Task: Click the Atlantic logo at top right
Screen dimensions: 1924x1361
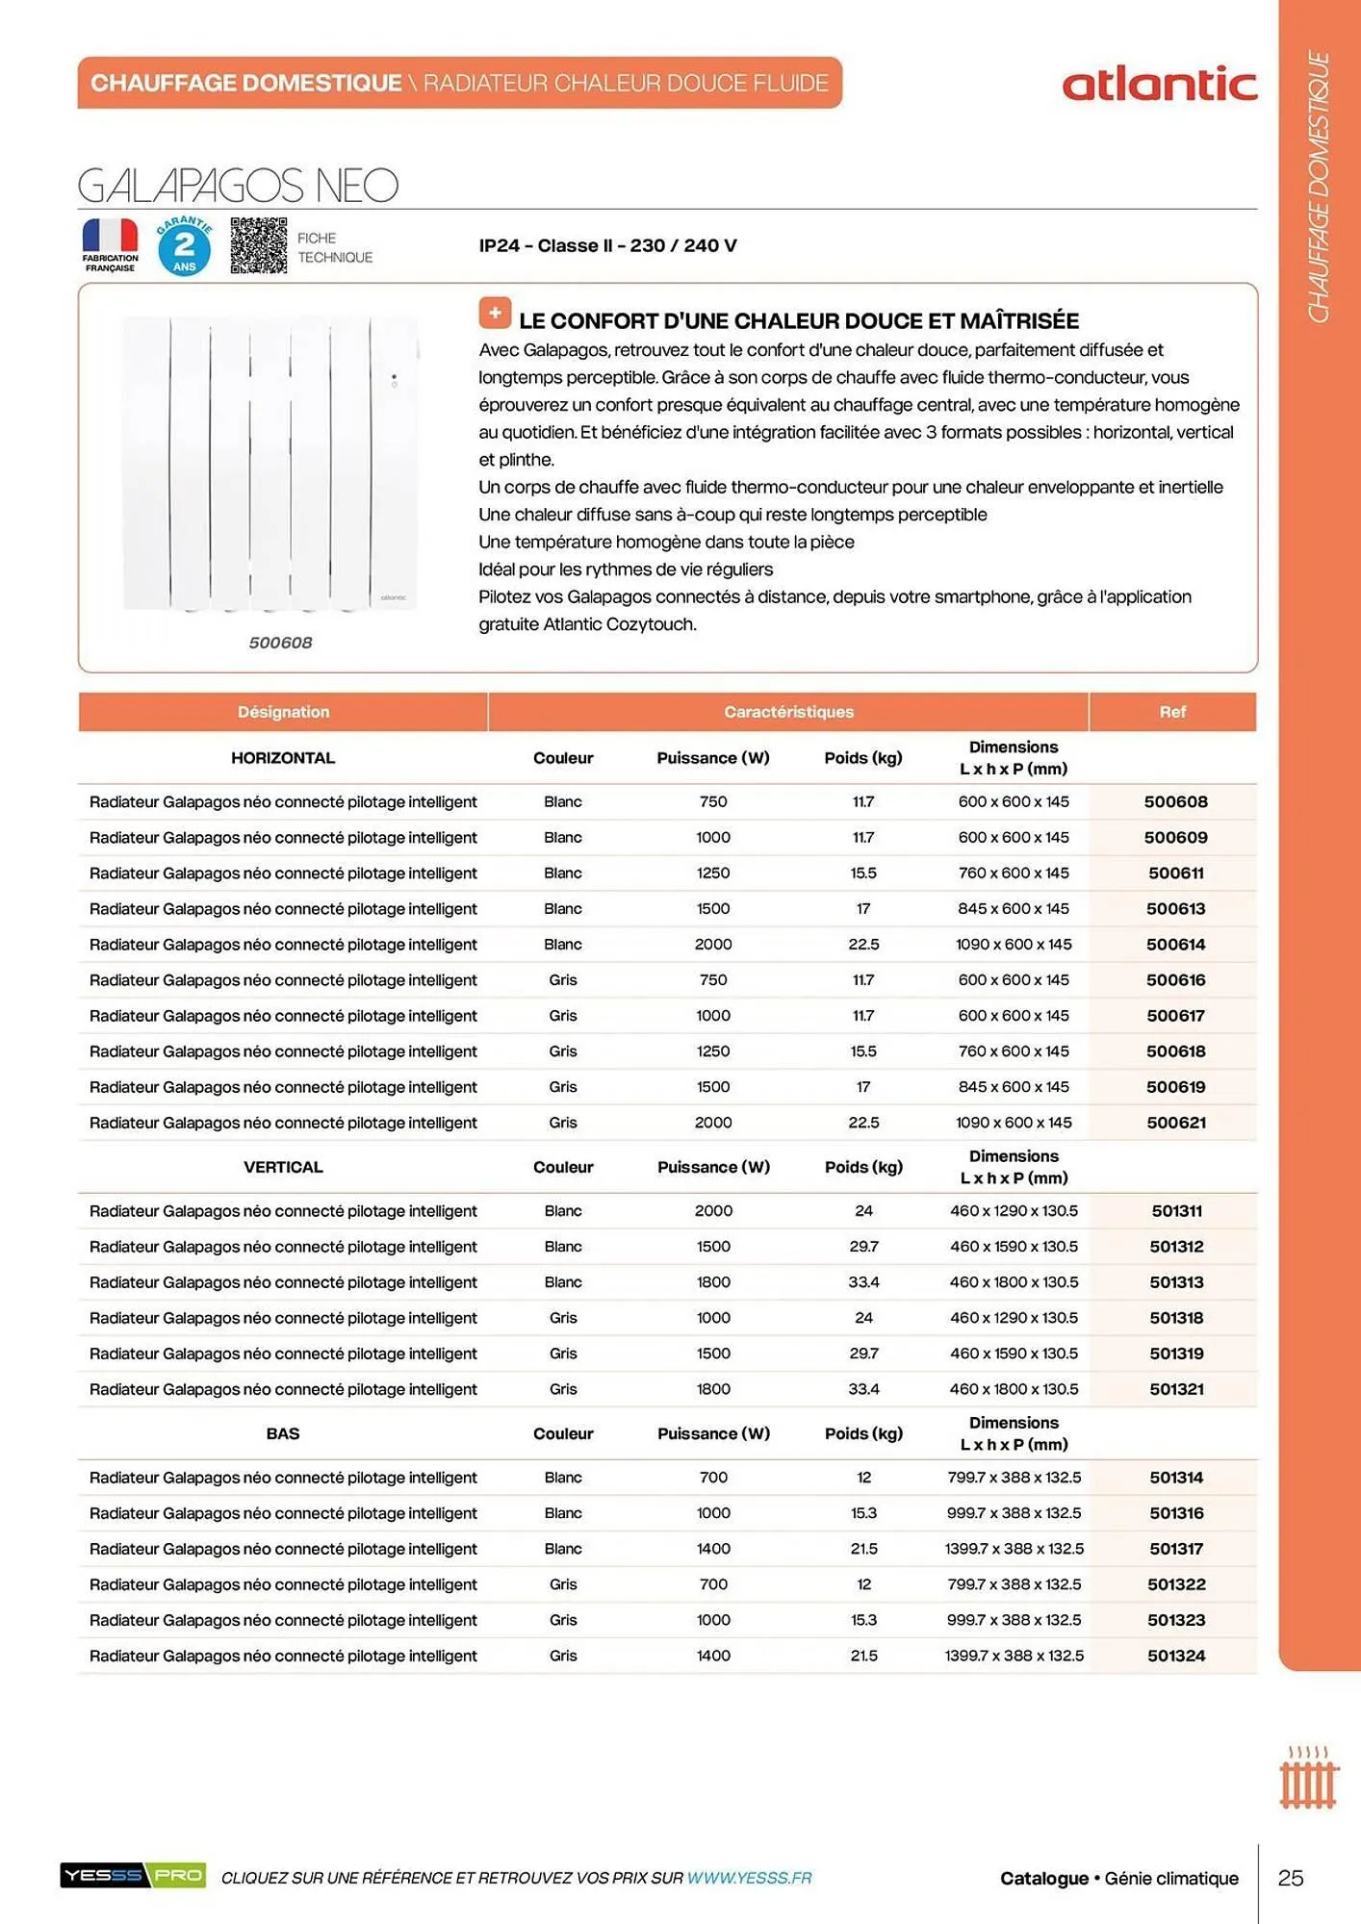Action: pos(1159,85)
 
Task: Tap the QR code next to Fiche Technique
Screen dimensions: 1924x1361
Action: pos(258,245)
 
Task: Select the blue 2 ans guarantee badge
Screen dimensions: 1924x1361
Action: pos(184,246)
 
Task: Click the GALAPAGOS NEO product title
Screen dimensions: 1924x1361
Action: pos(238,186)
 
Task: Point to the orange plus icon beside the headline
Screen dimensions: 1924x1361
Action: pos(495,314)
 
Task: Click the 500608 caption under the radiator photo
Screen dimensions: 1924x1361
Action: pos(280,643)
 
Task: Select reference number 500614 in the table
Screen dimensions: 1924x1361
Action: pos(1175,945)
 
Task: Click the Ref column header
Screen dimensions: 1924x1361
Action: pos(1171,712)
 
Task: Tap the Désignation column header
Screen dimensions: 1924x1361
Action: pos(283,712)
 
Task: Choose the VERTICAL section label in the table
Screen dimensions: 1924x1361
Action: pos(283,1167)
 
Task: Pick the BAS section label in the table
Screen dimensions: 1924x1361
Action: pos(283,1433)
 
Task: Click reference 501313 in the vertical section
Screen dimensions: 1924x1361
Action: pos(1176,1282)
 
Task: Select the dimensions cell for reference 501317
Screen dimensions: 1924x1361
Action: pos(1014,1549)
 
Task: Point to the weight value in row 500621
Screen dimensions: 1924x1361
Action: pos(863,1123)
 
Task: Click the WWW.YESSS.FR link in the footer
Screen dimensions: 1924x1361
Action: pos(749,1878)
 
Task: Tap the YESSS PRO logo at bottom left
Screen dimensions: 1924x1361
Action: pos(133,1875)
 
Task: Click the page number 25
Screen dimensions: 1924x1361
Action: pos(1291,1878)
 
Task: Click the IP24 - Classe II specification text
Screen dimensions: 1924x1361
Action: pos(607,245)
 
